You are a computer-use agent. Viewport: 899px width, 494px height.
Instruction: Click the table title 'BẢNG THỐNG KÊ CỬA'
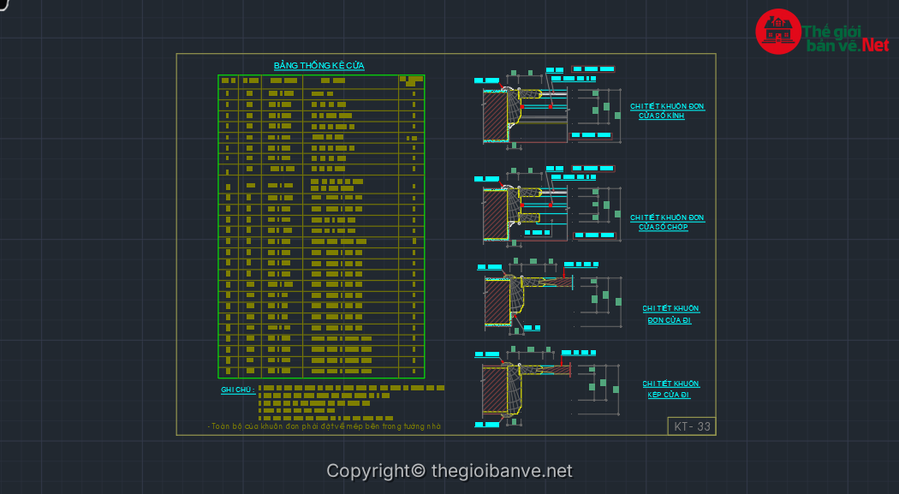pos(319,66)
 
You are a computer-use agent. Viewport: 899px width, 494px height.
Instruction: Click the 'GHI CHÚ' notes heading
pos(237,390)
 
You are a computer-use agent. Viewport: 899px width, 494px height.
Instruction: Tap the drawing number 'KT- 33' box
pos(691,426)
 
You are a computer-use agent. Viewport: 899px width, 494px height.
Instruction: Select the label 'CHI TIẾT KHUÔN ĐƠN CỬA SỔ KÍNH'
pos(667,111)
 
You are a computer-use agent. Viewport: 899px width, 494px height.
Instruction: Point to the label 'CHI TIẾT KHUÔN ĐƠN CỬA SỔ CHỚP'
pos(667,223)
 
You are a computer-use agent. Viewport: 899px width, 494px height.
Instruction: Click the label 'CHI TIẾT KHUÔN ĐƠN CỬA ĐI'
pos(670,314)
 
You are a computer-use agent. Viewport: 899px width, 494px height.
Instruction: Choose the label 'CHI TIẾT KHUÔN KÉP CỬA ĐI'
pos(670,390)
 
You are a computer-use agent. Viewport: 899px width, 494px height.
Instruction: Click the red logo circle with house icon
pos(777,32)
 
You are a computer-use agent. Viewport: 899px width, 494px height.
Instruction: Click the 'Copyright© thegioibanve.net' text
pos(449,471)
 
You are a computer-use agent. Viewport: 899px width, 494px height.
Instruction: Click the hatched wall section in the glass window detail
pos(495,116)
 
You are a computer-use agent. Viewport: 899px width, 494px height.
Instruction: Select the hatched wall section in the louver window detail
pos(495,213)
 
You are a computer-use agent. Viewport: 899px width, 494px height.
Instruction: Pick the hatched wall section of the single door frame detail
pos(497,300)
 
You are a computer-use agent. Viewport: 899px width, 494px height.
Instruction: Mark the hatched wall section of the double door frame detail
pos(495,390)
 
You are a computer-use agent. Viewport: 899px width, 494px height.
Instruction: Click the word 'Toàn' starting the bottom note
pos(222,426)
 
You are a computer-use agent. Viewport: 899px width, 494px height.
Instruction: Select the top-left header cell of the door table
pos(228,81)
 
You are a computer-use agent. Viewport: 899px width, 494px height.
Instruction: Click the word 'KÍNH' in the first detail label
pos(675,116)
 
